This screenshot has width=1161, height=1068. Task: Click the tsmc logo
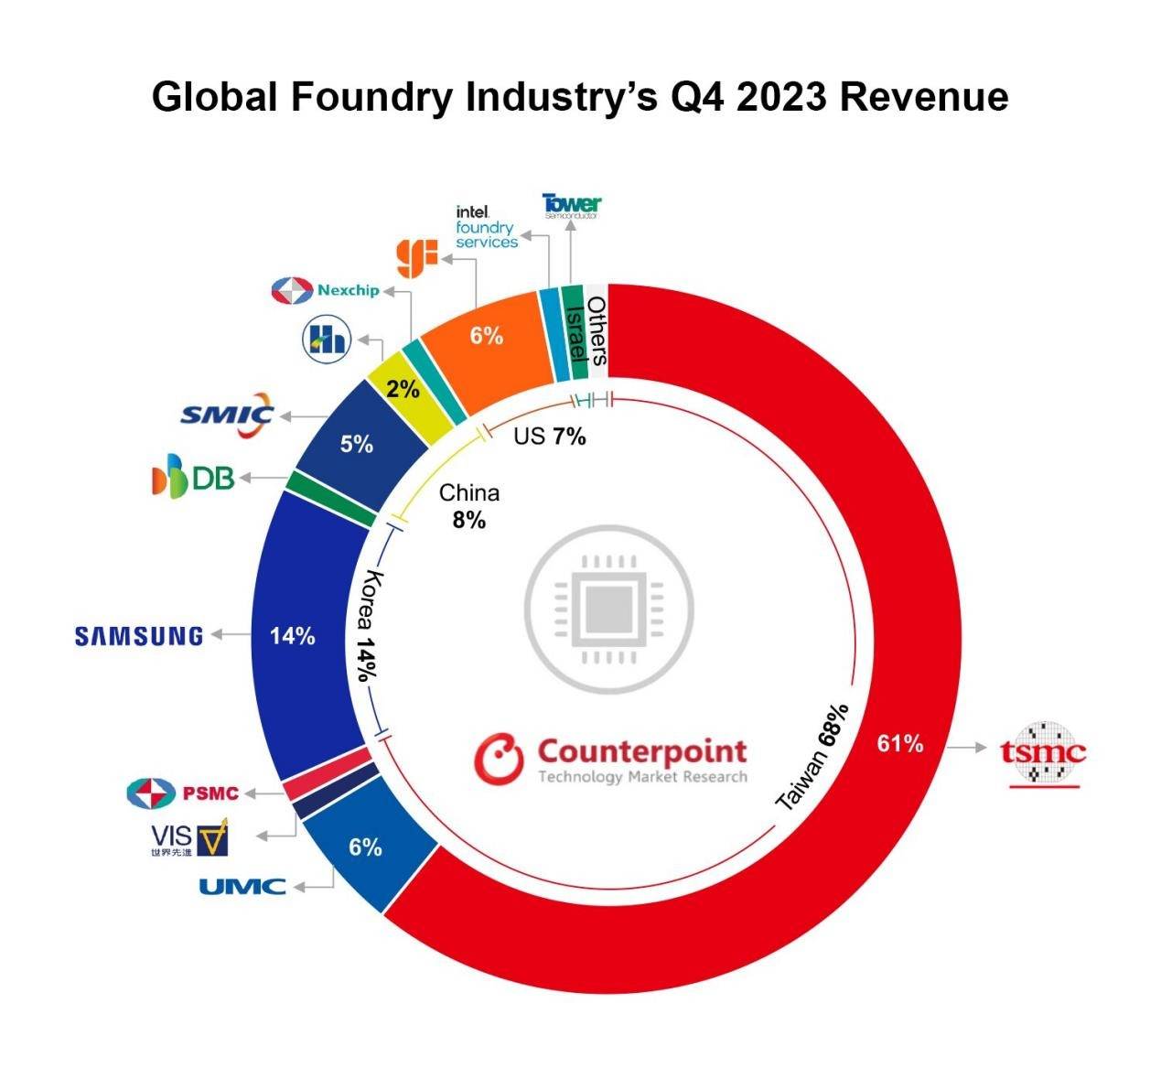1043,754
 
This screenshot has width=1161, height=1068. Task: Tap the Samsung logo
138,636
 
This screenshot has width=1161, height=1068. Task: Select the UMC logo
242,886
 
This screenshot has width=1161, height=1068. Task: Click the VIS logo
189,837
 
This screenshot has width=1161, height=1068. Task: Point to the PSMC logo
183,793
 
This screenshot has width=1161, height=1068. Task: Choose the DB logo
193,479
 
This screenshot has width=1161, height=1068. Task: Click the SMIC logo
226,414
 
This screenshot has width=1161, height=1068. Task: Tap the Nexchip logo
326,291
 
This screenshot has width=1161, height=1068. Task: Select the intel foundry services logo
487,227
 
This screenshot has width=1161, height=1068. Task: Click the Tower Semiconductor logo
572,205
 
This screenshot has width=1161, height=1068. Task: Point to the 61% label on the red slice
900,744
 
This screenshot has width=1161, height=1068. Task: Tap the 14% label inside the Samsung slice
293,636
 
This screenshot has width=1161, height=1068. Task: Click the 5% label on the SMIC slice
357,445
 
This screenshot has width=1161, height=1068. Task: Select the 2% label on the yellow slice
403,390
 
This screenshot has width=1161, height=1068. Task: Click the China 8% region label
468,506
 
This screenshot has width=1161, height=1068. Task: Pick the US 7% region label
549,437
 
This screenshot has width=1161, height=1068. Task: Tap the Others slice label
597,330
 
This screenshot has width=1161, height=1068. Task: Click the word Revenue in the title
924,96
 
